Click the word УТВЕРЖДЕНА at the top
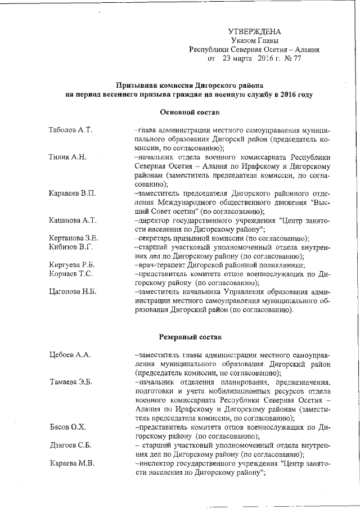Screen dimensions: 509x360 tap(254, 31)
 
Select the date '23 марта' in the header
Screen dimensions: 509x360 tap(239, 58)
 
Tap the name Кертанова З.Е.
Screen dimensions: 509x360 tap(74, 238)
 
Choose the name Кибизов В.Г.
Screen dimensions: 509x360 tap(70, 247)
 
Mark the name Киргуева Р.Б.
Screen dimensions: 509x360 tap(71, 265)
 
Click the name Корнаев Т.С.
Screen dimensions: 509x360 tap(70, 274)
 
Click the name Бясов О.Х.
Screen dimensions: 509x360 tap(66, 427)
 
